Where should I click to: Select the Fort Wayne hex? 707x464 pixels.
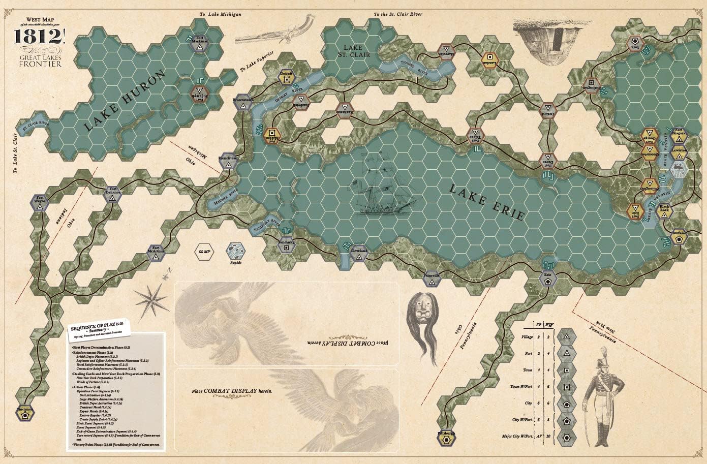[40, 200]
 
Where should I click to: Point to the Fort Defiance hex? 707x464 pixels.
[113, 196]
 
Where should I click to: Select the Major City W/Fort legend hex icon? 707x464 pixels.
[565, 437]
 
